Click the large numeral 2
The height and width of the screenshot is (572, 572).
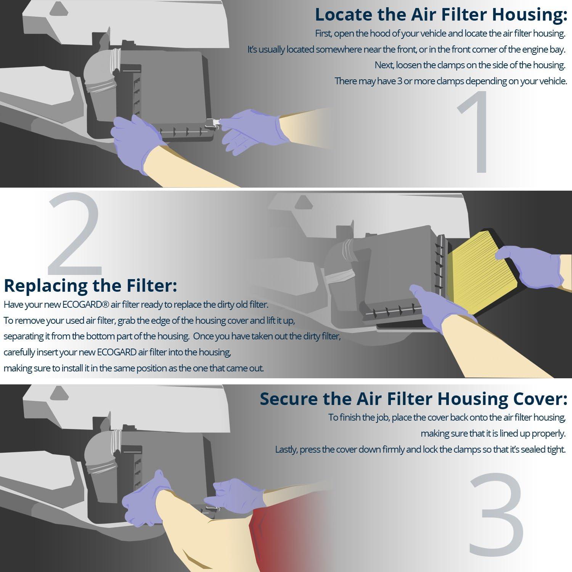[x=74, y=233]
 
